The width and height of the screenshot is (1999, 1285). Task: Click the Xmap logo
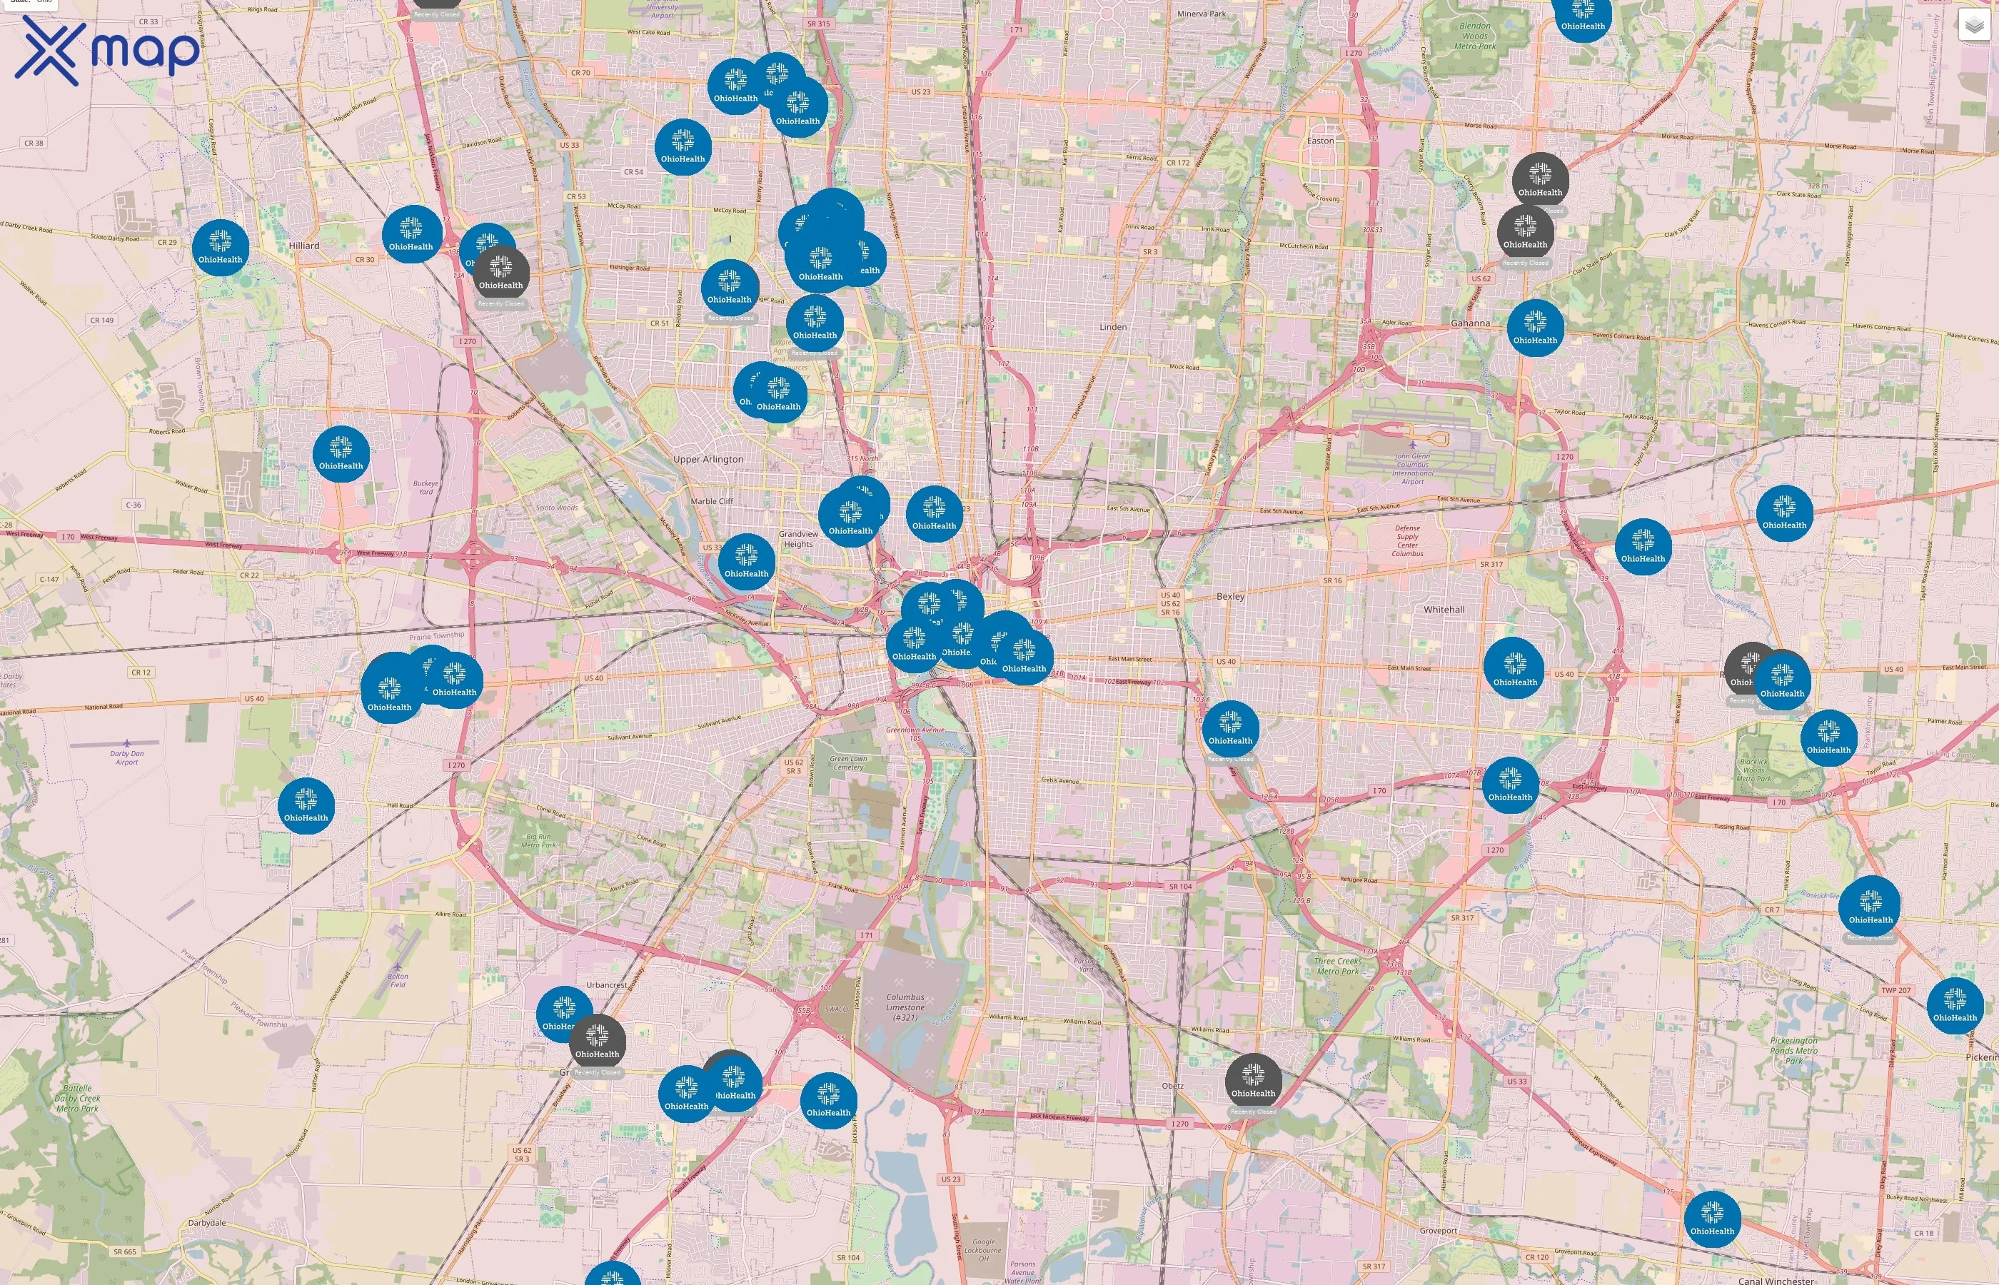point(107,50)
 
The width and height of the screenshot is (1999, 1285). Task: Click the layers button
point(1973,25)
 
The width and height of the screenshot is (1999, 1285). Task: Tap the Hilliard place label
point(303,246)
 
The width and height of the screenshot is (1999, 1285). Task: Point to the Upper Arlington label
point(708,460)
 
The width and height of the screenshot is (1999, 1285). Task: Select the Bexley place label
point(1230,597)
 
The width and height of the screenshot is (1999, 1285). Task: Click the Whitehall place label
point(1444,610)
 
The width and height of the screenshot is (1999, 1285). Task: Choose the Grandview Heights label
point(798,539)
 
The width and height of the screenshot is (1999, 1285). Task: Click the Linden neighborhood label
point(1113,327)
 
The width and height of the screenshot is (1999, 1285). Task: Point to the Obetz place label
point(1172,1086)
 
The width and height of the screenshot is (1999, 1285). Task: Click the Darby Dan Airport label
point(127,757)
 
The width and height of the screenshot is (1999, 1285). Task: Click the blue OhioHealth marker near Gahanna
point(1534,327)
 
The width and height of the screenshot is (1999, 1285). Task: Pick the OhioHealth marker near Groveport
point(1711,1218)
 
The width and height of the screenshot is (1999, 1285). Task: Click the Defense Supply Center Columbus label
point(1406,540)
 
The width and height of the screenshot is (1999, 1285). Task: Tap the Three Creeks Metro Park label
point(1336,967)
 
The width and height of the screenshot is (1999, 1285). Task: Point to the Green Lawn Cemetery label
point(847,762)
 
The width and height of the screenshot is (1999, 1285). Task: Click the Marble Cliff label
point(712,501)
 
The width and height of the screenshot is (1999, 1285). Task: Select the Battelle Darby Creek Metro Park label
point(78,1098)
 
